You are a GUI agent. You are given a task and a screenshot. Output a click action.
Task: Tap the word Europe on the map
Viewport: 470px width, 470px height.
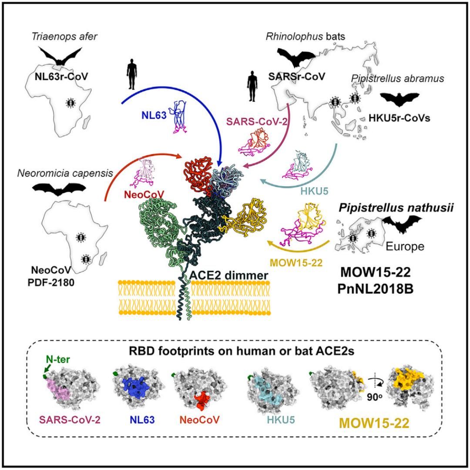tap(406, 246)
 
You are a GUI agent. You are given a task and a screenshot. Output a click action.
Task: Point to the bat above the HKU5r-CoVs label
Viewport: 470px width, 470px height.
tap(399, 99)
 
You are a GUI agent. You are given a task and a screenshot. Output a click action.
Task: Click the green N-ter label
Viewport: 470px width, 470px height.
tap(54, 360)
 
